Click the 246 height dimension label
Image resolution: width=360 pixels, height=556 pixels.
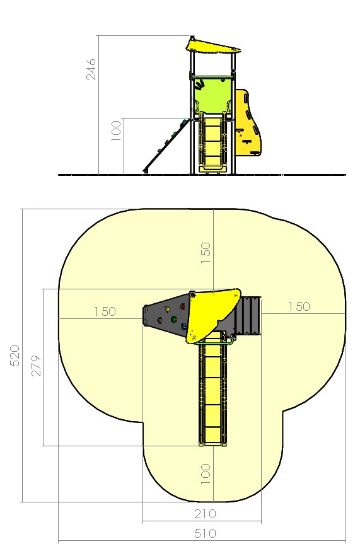pos(91,69)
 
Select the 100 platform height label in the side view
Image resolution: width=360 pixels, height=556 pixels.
pos(117,131)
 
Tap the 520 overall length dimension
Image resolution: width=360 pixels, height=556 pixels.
pos(15,356)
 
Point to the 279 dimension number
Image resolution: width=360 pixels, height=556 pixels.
pos(36,365)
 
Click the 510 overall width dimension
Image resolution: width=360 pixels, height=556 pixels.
pos(206,533)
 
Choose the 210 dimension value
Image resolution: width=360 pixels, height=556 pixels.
pos(206,513)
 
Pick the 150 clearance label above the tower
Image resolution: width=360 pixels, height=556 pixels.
pos(206,252)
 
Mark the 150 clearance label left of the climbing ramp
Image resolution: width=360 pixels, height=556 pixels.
pos(105,311)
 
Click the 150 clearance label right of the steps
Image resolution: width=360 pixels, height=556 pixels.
pos(299,306)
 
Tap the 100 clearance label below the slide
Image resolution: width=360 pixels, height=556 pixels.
pos(206,474)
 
